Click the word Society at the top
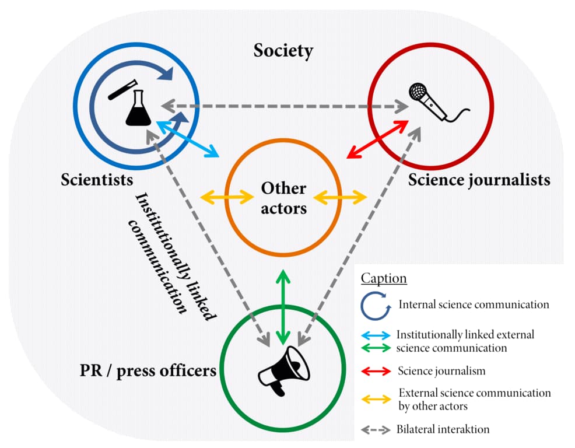pos(283,51)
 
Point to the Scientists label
pos(97,179)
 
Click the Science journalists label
pos(479,179)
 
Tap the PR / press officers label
pos(148,370)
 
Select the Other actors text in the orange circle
pos(283,198)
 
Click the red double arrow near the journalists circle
pos(377,138)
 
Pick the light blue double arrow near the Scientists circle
pos(188,138)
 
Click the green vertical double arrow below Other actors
pos(283,307)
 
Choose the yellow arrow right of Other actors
pos(341,198)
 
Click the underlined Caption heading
pos(384,278)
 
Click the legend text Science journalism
pos(441,370)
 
